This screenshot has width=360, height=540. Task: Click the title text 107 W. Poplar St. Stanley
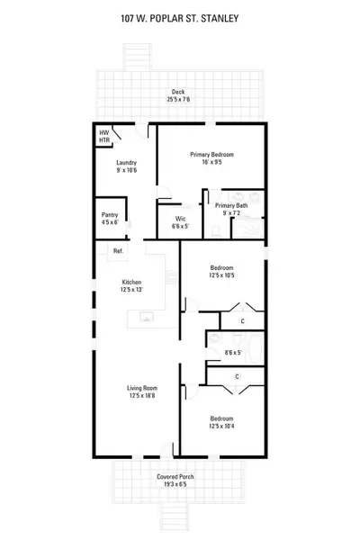(180, 16)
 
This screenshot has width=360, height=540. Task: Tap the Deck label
(178, 91)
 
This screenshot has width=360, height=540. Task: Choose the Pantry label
(110, 215)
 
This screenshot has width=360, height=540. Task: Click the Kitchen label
(131, 281)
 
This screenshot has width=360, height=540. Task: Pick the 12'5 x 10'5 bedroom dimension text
(223, 274)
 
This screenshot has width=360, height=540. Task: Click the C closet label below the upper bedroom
(243, 320)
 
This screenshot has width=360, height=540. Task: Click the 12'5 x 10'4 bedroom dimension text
(222, 425)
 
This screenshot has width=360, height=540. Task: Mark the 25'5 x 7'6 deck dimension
(178, 98)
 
